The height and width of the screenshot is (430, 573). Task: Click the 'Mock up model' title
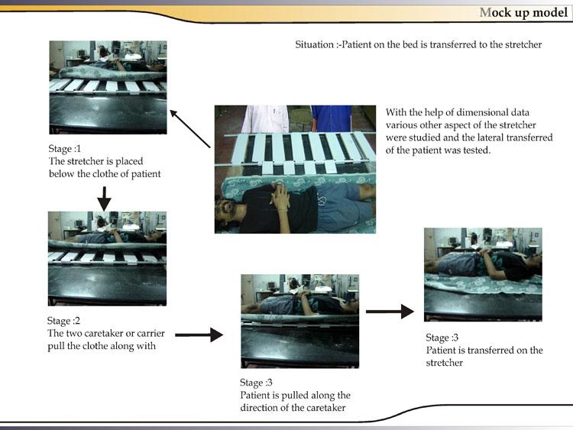[x=523, y=12]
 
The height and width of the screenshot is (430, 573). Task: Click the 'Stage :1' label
[x=64, y=149]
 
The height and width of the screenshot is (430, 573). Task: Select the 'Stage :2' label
[x=63, y=321]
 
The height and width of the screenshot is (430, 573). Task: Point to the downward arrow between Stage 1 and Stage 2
[x=104, y=199]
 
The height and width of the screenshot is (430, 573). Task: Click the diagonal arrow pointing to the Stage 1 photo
[x=190, y=128]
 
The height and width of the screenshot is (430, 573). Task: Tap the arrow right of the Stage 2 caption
[x=199, y=335]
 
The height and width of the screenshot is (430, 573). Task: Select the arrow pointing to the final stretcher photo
[x=390, y=312]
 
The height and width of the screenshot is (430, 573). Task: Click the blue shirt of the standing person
[x=332, y=118]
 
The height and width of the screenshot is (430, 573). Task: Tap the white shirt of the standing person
[x=265, y=119]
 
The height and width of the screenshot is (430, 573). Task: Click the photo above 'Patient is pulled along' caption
[x=300, y=322]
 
